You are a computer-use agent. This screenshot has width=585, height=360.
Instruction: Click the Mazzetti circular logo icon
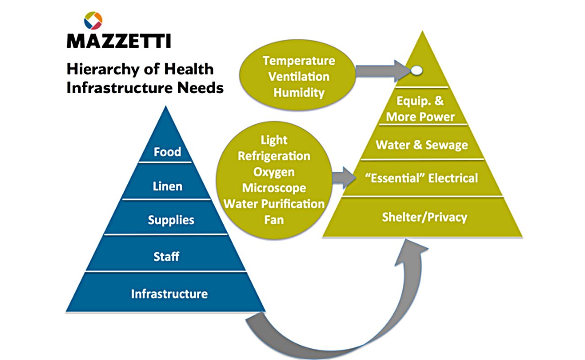click(93, 20)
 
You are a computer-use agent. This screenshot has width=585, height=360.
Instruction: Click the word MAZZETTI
click(119, 41)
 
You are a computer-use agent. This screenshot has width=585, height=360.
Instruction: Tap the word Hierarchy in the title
click(103, 69)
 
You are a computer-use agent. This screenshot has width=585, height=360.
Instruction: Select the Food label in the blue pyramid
click(167, 152)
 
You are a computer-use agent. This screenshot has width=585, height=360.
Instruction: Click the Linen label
click(167, 186)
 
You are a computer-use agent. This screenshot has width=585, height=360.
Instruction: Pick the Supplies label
click(171, 220)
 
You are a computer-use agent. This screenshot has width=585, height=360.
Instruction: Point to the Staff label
click(166, 256)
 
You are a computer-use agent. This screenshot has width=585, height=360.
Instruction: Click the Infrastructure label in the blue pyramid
click(169, 294)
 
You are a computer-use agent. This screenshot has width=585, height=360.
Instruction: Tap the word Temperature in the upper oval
click(299, 61)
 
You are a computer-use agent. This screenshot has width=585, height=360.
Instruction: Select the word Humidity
click(299, 93)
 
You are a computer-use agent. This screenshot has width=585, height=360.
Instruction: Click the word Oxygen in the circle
click(274, 172)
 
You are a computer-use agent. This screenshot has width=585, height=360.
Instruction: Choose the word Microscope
click(274, 188)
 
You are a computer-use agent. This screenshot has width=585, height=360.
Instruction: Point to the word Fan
click(274, 220)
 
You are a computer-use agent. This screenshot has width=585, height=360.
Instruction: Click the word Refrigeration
click(274, 156)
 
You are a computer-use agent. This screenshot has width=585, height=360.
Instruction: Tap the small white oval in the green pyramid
click(417, 70)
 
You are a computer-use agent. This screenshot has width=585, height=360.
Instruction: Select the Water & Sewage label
click(422, 145)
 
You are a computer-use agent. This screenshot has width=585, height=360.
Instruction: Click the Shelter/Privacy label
click(424, 217)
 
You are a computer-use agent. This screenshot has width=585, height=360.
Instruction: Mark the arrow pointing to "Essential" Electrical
click(344, 178)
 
